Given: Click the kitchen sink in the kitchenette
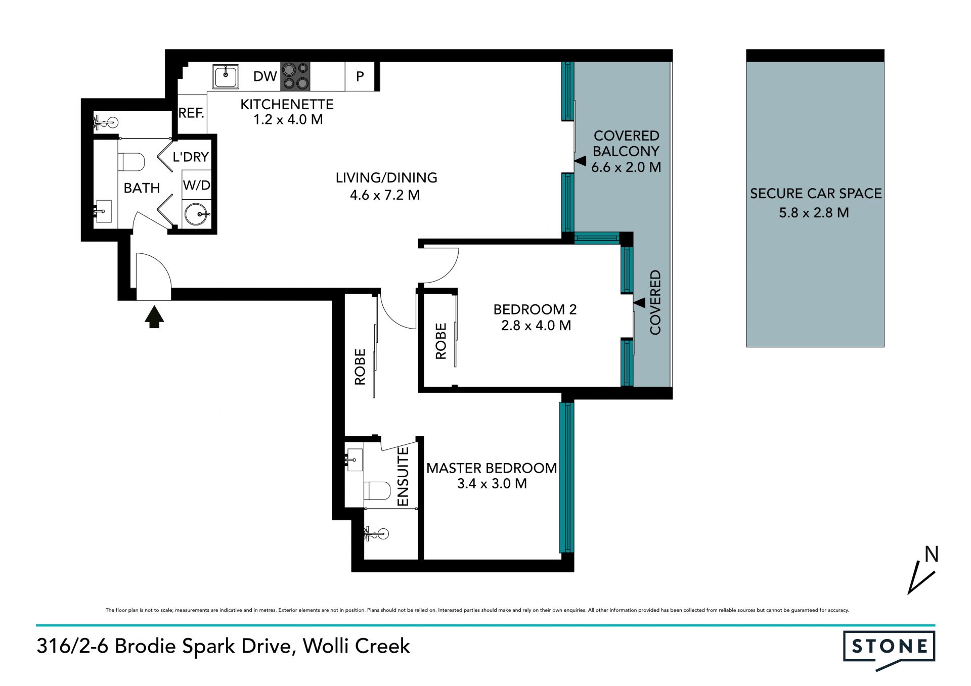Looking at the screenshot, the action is tap(226, 76).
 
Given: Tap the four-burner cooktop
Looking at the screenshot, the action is tap(295, 76).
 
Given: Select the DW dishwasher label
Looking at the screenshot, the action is tap(265, 76).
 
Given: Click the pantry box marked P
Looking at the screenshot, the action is tap(360, 76).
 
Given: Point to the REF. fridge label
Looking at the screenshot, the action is tap(191, 113).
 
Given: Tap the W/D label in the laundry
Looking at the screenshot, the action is tap(196, 185).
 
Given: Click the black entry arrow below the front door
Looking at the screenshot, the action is tap(154, 316).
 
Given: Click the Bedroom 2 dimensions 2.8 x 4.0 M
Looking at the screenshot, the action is tap(536, 326).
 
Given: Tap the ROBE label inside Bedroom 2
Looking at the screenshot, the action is tap(441, 341).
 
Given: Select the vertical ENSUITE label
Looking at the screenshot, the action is tap(403, 476).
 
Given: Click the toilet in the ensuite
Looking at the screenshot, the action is tap(377, 490).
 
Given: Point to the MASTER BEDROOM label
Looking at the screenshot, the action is tap(492, 468).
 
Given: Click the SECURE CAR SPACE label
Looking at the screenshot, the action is tap(816, 194).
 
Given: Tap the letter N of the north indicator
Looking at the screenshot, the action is tap(932, 555).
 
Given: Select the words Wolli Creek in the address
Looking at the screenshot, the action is tap(357, 646).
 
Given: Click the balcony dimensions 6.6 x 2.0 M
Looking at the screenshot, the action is tap(626, 167).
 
